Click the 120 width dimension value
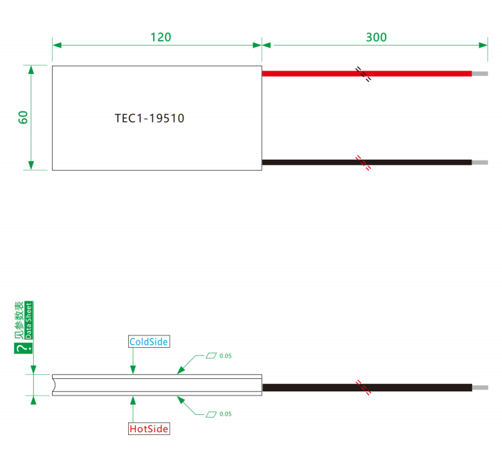coord(161,37)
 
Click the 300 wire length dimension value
coord(376,37)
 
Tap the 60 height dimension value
coord(23,118)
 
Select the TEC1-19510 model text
coord(150,118)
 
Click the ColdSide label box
coord(149,342)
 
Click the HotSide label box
coord(149,429)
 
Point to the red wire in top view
coord(367,73)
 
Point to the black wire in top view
coord(367,162)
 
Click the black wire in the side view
coord(367,387)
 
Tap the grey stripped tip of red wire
coord(480,74)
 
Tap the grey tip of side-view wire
coord(481,388)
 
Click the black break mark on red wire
coord(364,74)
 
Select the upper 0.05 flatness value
coord(226,356)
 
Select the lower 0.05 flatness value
coord(226,414)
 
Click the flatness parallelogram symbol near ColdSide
coord(211,355)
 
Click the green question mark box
coord(24,348)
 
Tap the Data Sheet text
coord(29,320)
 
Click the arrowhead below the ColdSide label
coord(133,369)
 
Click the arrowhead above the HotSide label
coord(133,400)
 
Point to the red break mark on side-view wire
coord(364,387)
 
